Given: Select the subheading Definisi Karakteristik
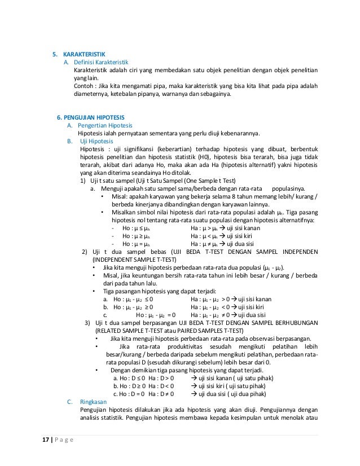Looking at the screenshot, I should (x=102, y=62).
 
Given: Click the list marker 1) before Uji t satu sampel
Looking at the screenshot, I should (x=83, y=181).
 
